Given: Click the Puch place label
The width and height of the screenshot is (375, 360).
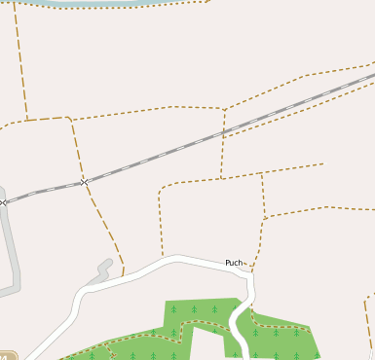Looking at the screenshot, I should tap(234, 263).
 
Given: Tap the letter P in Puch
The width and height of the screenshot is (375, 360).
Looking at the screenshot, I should tap(228, 263).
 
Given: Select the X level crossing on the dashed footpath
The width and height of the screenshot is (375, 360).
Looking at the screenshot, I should tap(84, 181).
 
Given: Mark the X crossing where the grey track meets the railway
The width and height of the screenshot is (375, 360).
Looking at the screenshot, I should tap(4, 201).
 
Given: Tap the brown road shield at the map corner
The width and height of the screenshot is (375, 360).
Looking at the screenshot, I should tap(8, 355).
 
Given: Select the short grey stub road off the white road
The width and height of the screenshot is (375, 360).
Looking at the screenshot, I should tap(101, 271).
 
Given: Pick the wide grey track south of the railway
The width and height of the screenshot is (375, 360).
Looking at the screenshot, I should tap(13, 253).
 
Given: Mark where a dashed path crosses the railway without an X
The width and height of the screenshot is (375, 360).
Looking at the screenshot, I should tap(223, 130).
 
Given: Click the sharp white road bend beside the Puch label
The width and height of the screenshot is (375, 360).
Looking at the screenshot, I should tap(250, 272).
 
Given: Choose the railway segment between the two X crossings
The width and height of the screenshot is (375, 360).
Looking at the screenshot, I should tap(44, 192).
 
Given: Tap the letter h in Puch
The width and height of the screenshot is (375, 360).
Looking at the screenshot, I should tap(240, 263).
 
